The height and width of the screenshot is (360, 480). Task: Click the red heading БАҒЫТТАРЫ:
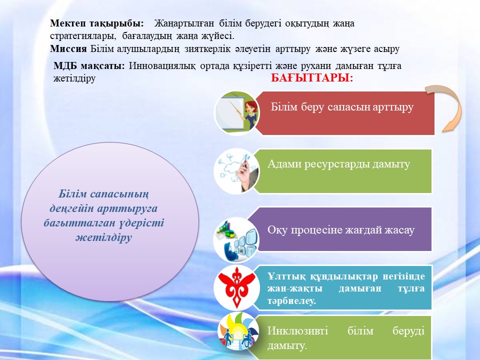click(x=312, y=78)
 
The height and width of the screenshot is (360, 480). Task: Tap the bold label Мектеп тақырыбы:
click(x=96, y=23)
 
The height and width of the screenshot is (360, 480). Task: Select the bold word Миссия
click(x=68, y=48)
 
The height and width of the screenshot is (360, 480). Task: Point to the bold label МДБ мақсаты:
click(x=89, y=65)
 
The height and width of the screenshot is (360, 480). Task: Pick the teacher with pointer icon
click(x=236, y=113)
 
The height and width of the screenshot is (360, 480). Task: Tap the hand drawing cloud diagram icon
click(x=236, y=171)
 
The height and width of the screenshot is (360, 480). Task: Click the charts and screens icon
click(x=236, y=240)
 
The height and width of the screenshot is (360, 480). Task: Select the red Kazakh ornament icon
click(x=236, y=288)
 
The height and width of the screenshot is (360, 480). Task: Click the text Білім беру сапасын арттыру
click(x=342, y=107)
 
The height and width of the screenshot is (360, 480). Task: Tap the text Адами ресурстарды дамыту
click(x=338, y=164)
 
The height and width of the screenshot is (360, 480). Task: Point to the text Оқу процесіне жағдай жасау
click(x=341, y=229)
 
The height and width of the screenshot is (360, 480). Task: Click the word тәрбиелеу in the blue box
click(x=291, y=300)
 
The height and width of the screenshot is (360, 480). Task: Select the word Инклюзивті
click(x=297, y=330)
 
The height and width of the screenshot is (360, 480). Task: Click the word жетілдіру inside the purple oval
click(x=104, y=237)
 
